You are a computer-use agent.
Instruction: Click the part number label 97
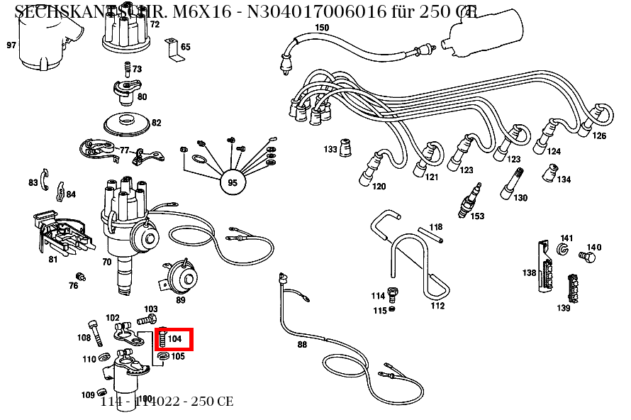point(11,45)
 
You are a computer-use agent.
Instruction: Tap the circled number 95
point(232,183)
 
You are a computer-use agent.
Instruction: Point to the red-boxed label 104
point(174,339)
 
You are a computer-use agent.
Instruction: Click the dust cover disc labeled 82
point(128,122)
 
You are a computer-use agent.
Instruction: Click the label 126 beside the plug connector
point(599,136)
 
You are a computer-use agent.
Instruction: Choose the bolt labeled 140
point(586,255)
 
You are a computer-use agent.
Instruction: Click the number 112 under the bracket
point(437,306)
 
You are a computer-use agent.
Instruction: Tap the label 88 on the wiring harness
point(302,345)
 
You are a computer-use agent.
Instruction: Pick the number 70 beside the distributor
point(107,262)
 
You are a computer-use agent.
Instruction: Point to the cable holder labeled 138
point(544,268)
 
